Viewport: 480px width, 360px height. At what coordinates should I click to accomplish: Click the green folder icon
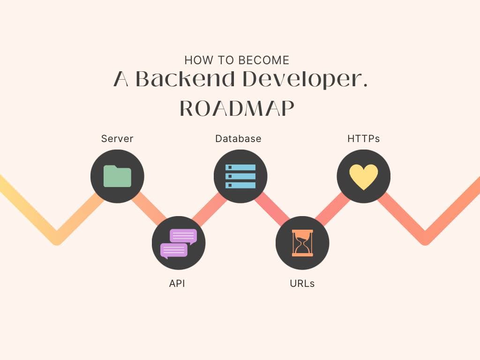pos(117,176)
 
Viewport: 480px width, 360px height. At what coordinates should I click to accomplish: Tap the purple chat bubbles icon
pos(179,243)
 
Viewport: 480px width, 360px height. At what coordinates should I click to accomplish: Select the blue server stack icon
pos(240,176)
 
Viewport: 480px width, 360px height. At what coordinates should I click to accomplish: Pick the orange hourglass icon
pos(302,243)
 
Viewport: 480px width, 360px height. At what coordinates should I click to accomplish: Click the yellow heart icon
pos(363,177)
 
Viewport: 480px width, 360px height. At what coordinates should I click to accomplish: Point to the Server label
pos(117,139)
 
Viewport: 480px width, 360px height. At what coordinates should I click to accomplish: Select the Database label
pos(238,139)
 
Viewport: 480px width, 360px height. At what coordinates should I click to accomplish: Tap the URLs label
pos(302,284)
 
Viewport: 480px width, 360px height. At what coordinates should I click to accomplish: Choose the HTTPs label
pos(363,139)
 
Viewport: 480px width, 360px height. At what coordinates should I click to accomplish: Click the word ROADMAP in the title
pos(237,109)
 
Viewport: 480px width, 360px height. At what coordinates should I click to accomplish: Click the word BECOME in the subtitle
pos(264,60)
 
